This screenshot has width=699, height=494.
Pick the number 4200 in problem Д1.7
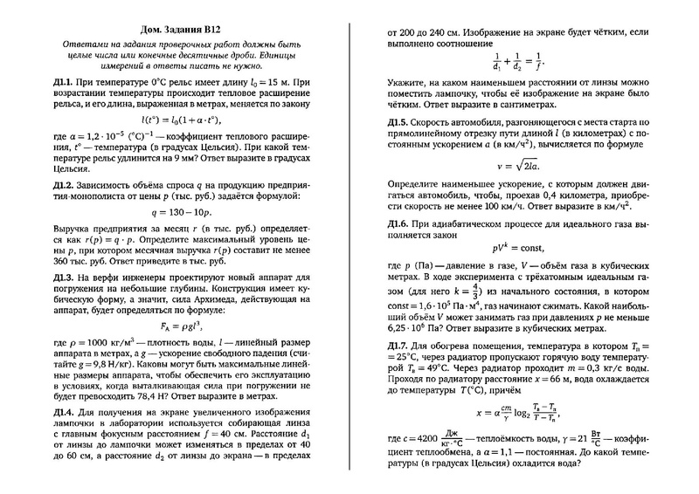pos(425,441)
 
